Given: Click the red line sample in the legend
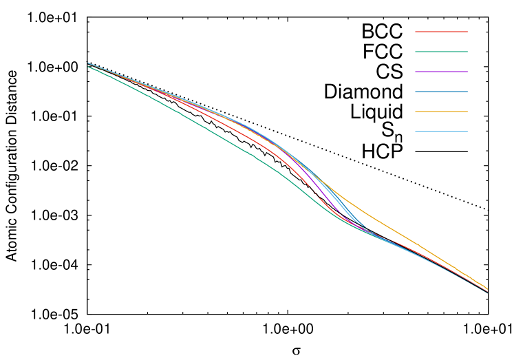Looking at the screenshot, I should point(441,32).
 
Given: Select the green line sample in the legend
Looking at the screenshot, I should point(441,52).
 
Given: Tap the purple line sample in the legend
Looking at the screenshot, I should point(441,72).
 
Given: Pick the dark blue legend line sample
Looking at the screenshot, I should point(441,92).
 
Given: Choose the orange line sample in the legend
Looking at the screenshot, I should point(441,112).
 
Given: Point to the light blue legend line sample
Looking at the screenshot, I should point(441,131).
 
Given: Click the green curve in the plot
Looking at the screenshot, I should point(206,128).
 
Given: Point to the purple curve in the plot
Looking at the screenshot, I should point(324,197).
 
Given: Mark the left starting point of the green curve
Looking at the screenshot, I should point(88,67).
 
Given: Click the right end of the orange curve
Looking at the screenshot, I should point(487,288).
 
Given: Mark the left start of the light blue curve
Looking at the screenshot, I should point(88,63).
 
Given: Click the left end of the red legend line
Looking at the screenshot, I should point(416,32).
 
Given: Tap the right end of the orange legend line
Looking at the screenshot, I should point(467,112).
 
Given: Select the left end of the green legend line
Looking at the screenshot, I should point(416,52).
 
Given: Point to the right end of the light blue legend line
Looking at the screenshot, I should point(467,131).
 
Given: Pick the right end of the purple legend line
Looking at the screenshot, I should point(467,72).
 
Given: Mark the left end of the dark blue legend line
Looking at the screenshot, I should point(416,92).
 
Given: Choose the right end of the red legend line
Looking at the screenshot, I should point(467,32).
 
